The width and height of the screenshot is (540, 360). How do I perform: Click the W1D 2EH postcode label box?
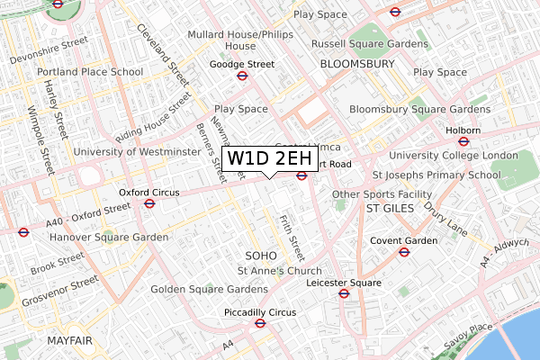point(269,159)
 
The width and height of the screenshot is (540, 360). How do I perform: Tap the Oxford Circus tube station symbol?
point(149,203)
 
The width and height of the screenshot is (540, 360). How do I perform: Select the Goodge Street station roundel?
point(241,76)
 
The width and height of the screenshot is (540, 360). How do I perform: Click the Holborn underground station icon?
point(463,140)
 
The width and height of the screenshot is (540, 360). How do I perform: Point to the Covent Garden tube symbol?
point(404,251)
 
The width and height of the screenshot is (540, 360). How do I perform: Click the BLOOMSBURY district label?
point(357,65)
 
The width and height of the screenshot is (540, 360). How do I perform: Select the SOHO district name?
point(261,256)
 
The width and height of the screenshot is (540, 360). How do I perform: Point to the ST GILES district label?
point(390,208)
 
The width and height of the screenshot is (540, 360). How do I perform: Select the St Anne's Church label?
point(279,271)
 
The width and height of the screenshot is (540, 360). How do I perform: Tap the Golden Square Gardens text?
point(209,289)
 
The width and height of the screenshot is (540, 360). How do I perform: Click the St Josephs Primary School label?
point(436,175)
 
